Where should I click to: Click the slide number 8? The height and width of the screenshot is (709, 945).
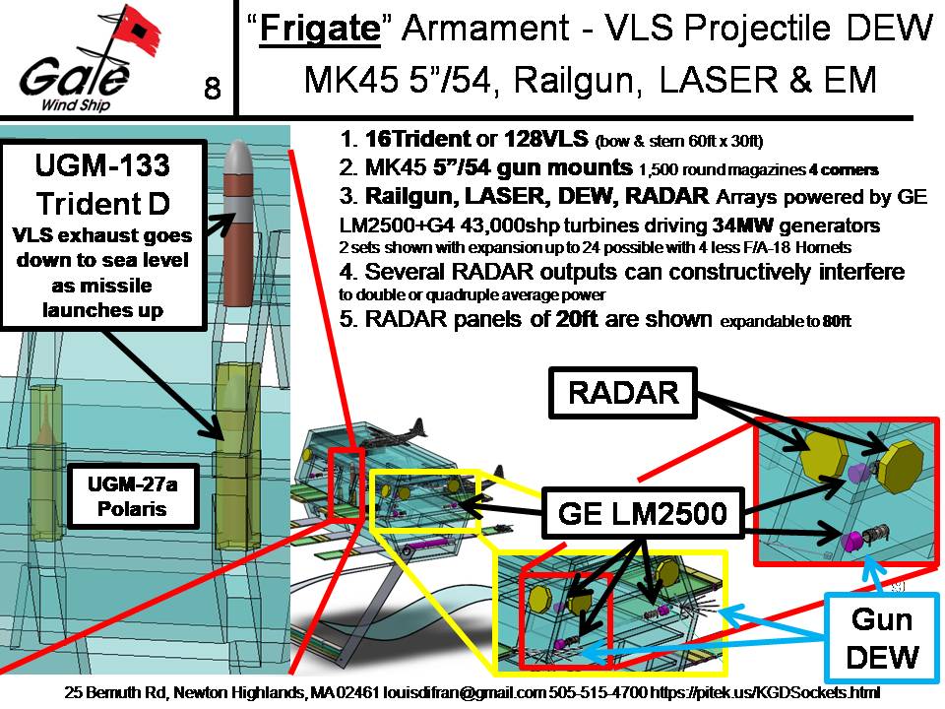[213, 88]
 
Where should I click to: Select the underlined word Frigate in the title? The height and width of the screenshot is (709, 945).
[320, 29]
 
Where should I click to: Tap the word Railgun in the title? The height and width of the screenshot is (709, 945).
[579, 80]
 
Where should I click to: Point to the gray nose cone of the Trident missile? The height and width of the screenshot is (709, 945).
[239, 158]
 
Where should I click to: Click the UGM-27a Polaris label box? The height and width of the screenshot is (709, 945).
[132, 496]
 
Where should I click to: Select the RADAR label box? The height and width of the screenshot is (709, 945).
[623, 393]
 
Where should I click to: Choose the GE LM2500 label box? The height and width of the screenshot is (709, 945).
[643, 513]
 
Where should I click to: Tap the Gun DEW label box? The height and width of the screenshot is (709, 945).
[882, 638]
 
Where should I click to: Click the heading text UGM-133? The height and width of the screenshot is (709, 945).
[102, 165]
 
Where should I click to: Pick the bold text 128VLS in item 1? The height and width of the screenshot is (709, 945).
[546, 139]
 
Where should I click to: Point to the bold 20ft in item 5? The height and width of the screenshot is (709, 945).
[575, 318]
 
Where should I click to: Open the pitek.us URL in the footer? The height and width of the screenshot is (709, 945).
[764, 692]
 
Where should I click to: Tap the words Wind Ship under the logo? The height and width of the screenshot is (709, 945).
[76, 105]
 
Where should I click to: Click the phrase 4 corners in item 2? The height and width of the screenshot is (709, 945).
[844, 170]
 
